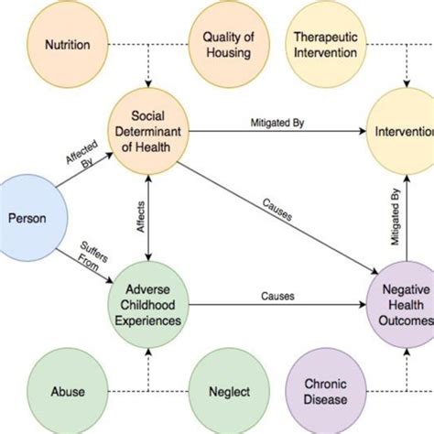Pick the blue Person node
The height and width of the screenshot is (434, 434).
pyautogui.click(x=27, y=219)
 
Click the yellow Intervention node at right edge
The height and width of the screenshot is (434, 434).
pyautogui.click(x=404, y=131)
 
